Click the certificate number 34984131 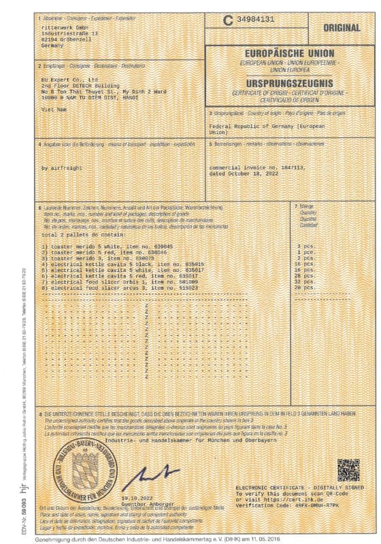coord(255,20)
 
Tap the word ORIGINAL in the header coord(346,29)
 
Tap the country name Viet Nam coord(53,107)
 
